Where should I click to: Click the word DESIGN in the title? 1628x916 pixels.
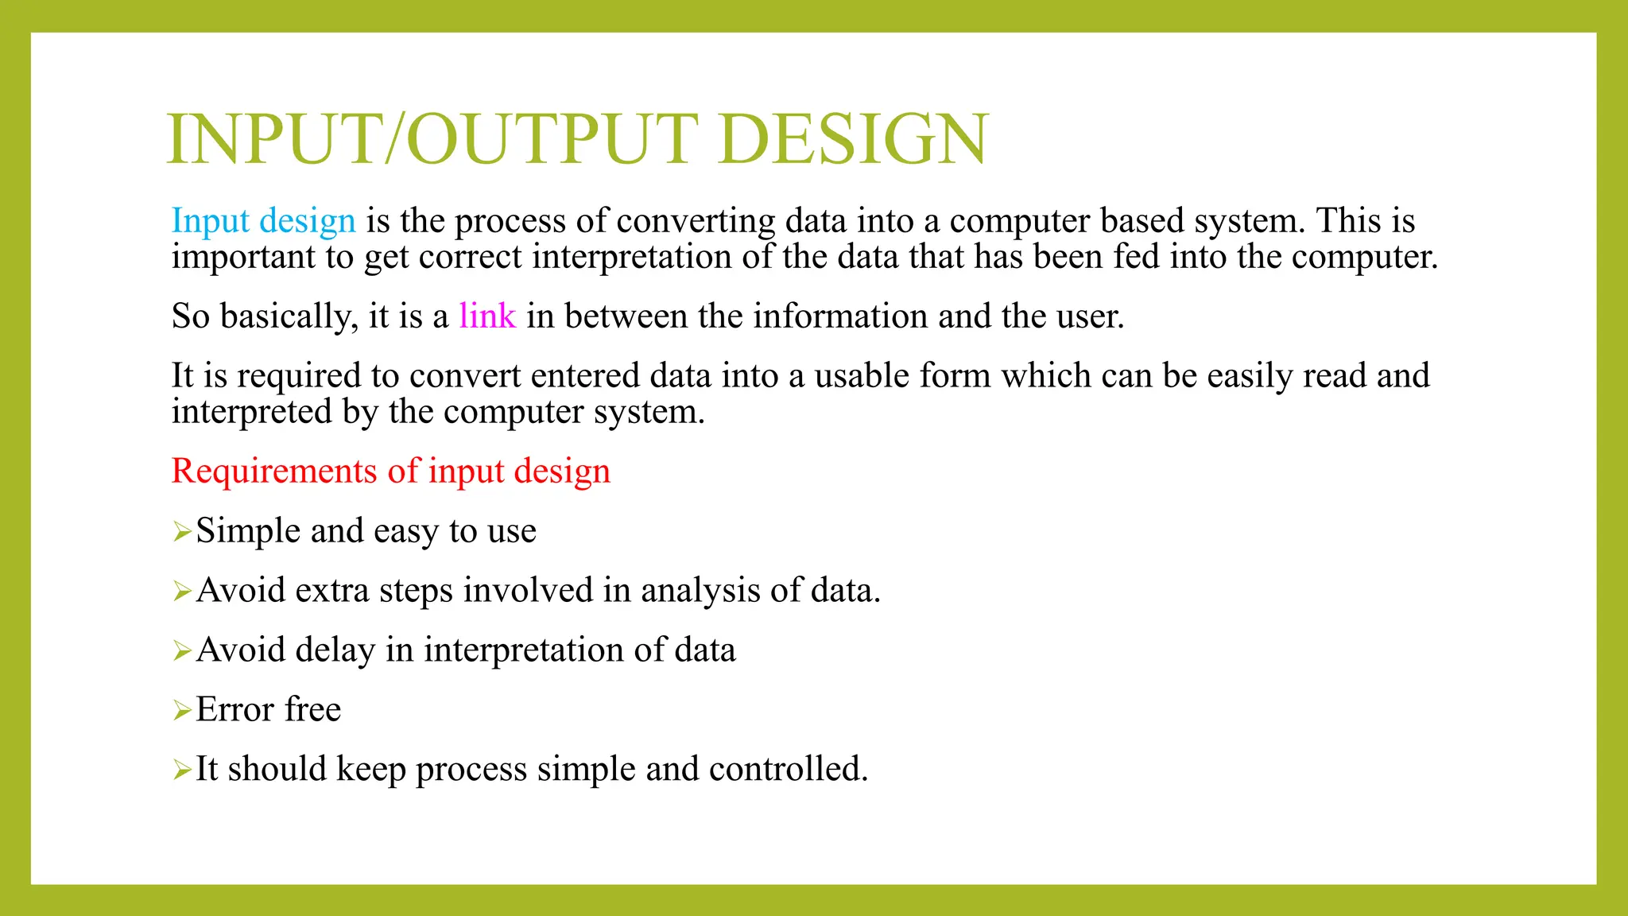pyautogui.click(x=853, y=139)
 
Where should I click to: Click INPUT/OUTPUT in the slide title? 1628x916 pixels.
pyautogui.click(x=432, y=139)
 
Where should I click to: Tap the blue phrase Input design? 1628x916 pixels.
pyautogui.click(x=263, y=220)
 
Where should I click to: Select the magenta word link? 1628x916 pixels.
pyautogui.click(x=487, y=316)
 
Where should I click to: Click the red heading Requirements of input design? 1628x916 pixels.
pyautogui.click(x=390, y=471)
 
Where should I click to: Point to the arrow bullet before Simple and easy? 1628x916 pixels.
pyautogui.click(x=182, y=531)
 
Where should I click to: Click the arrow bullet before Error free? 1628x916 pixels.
pyautogui.click(x=182, y=710)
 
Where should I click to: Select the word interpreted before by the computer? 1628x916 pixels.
pyautogui.click(x=251, y=413)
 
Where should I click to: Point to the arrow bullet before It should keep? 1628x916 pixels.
pyautogui.click(x=182, y=770)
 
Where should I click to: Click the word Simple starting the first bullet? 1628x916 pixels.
pyautogui.click(x=248, y=531)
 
